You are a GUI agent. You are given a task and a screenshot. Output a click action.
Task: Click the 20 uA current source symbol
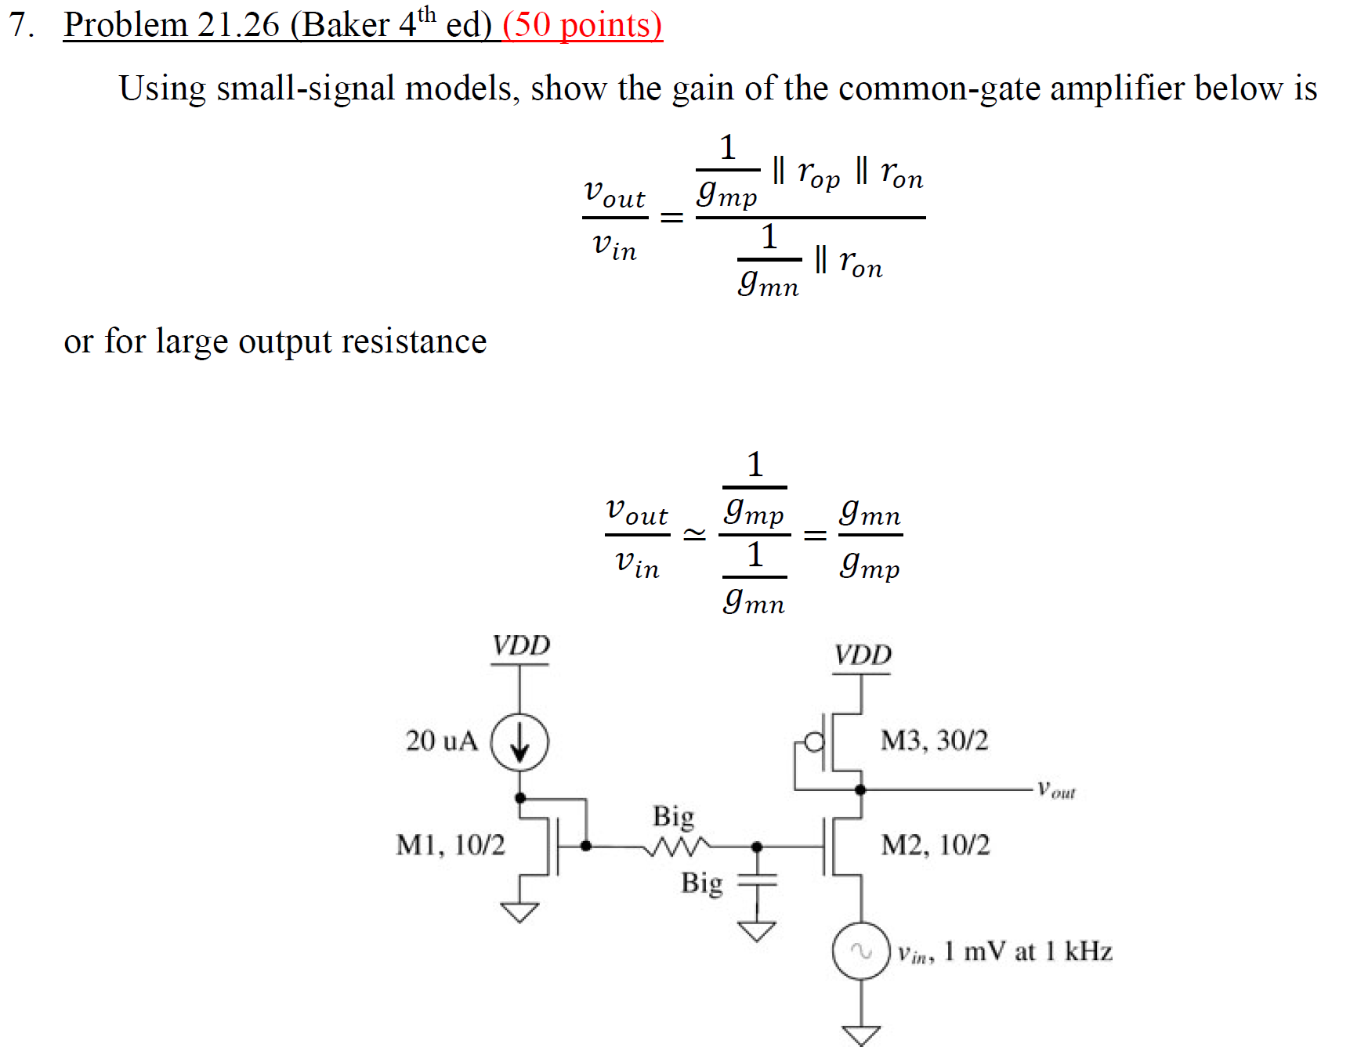pos(519,742)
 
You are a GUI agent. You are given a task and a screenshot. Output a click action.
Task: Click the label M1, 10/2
pos(451,845)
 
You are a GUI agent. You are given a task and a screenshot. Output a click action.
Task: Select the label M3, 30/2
pos(934,740)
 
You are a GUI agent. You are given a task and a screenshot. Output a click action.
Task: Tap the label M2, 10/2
pos(935,845)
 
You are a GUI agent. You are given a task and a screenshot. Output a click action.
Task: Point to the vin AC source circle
pos(861,952)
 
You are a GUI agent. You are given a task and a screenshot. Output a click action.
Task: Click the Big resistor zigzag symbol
pos(679,846)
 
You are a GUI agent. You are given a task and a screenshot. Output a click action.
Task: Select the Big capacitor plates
pos(757,879)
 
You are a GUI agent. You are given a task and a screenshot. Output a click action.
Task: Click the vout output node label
pos(1056,789)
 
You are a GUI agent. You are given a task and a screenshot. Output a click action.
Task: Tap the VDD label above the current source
pos(521,646)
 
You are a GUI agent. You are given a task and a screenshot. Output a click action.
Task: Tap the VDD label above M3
pos(862,655)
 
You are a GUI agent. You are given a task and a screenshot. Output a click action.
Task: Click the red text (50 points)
pos(582,25)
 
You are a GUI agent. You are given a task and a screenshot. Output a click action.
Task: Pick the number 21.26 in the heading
pos(238,25)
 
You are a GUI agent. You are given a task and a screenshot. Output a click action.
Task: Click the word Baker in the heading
pos(345,25)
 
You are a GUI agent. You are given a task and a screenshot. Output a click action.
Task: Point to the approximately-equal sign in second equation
pos(694,535)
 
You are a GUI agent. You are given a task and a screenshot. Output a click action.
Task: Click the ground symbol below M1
pos(519,912)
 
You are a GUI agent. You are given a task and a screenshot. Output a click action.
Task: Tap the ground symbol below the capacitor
pos(757,930)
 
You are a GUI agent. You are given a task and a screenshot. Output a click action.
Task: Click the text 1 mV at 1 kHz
pos(1028,952)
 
